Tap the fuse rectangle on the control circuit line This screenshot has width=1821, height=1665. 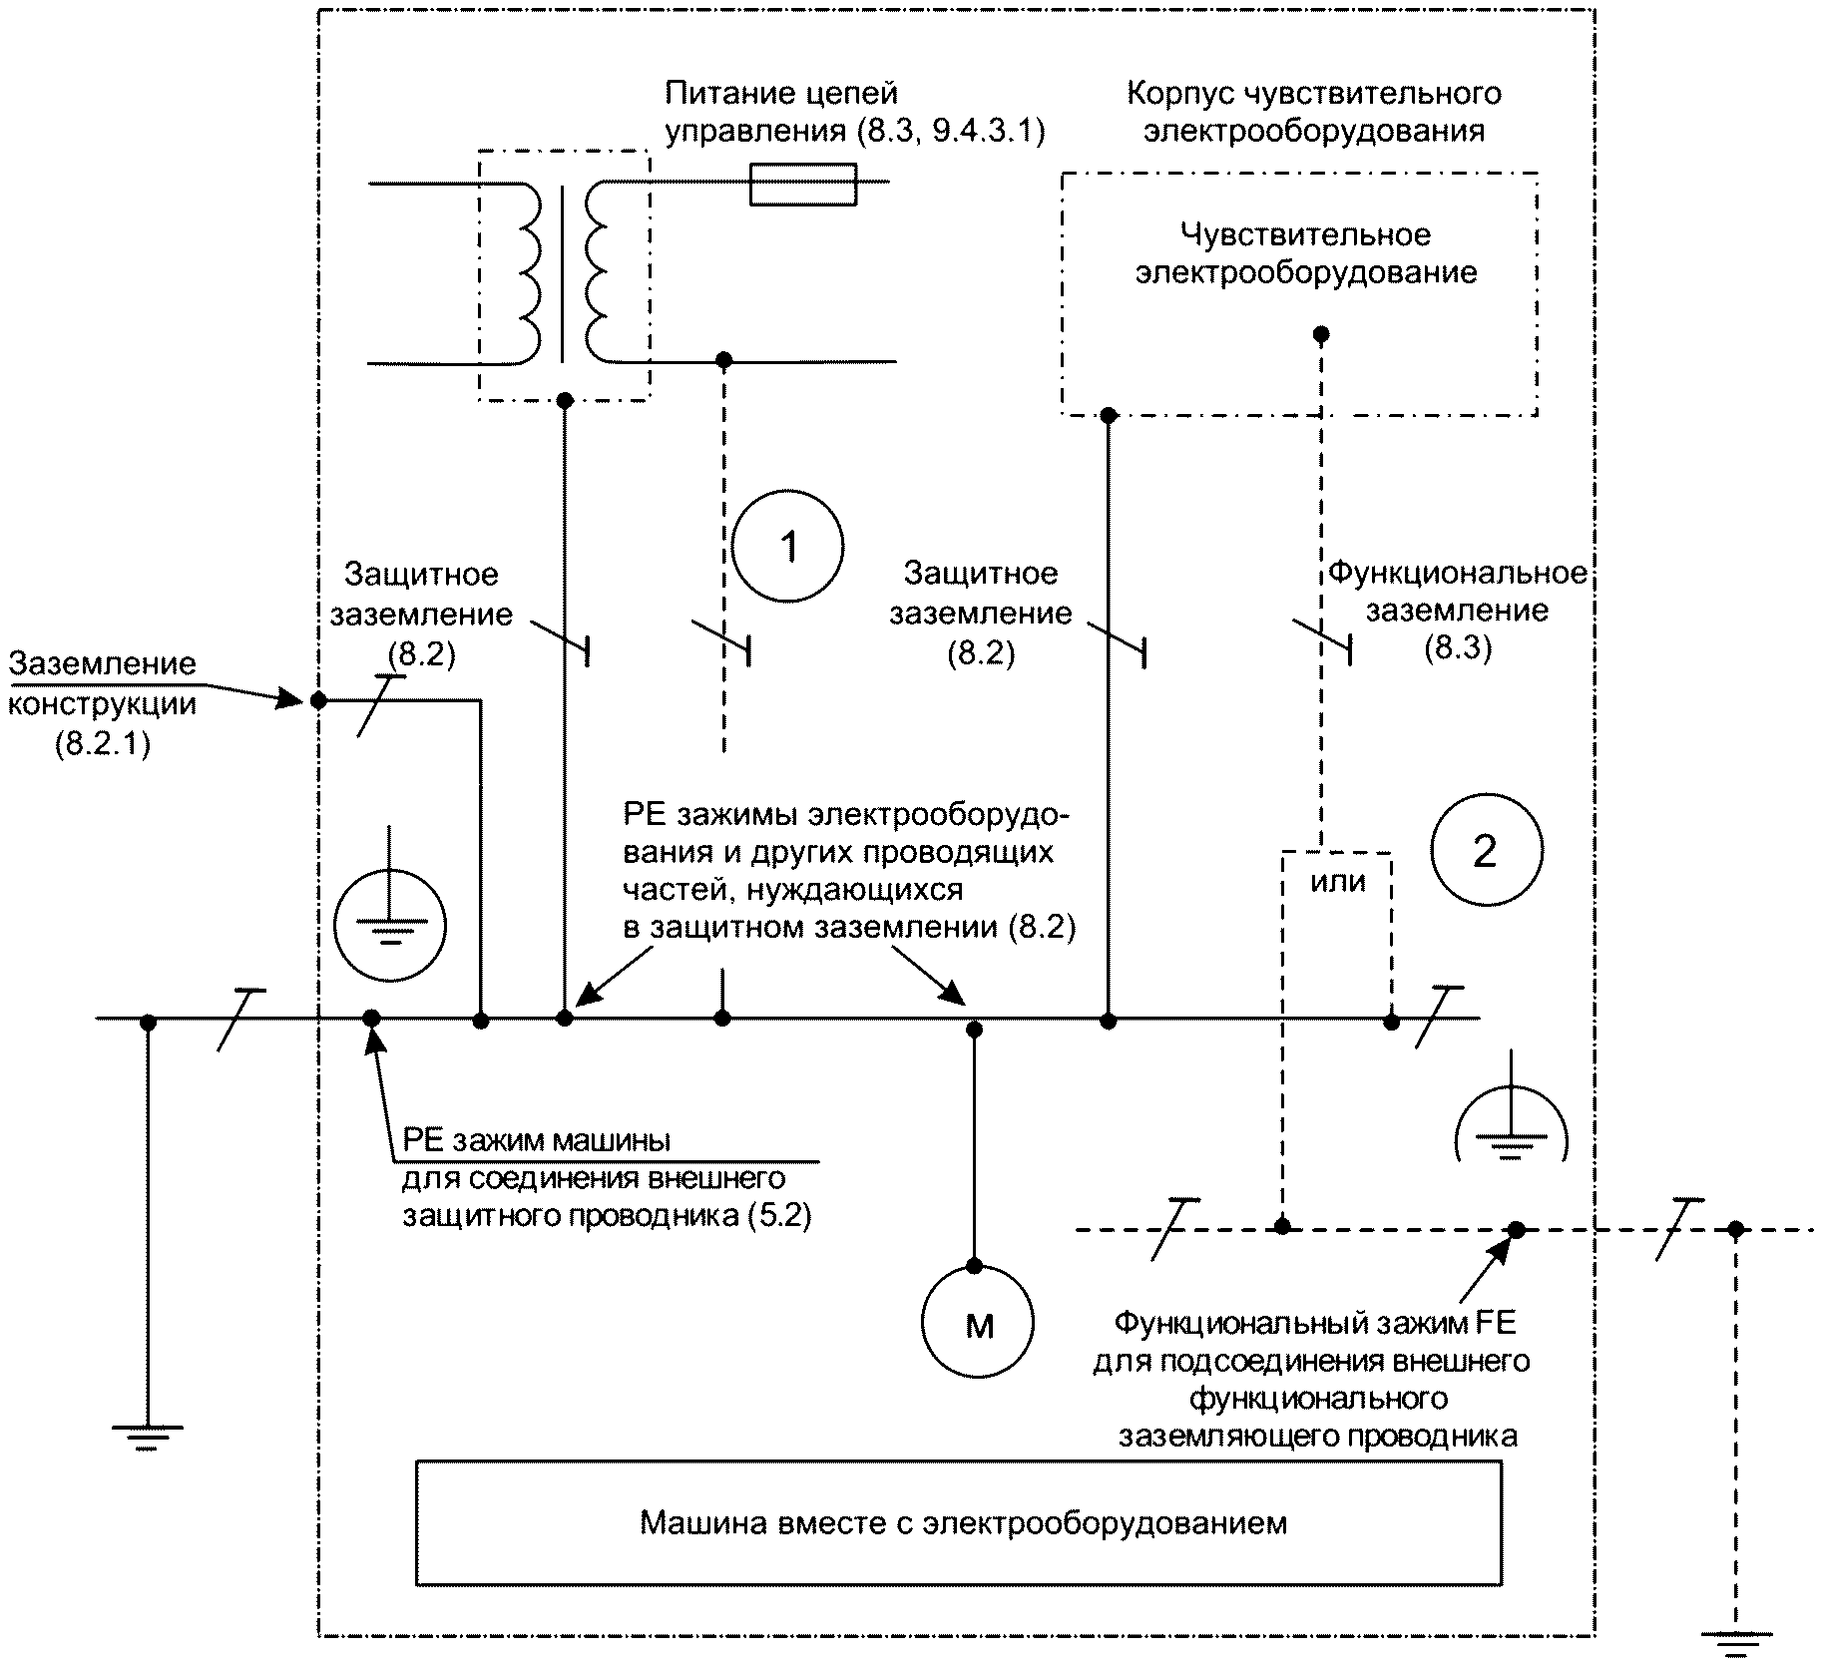[x=803, y=184]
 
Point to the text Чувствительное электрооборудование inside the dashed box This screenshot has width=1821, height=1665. [x=1306, y=253]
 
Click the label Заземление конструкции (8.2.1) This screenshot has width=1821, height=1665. [x=103, y=704]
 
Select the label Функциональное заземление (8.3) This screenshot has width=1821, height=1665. [x=1457, y=611]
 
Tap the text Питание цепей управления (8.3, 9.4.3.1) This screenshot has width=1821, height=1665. [x=854, y=112]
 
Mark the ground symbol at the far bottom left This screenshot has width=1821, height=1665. [x=148, y=1437]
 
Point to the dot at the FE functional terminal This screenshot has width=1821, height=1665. [x=1516, y=1230]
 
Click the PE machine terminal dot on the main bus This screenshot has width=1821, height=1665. [x=371, y=1019]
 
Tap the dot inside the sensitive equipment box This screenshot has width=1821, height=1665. [x=1321, y=334]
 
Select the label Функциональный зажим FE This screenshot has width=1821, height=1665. [x=1314, y=1324]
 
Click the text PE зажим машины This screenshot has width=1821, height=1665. [x=537, y=1139]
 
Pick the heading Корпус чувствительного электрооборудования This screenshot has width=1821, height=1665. [x=1314, y=112]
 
